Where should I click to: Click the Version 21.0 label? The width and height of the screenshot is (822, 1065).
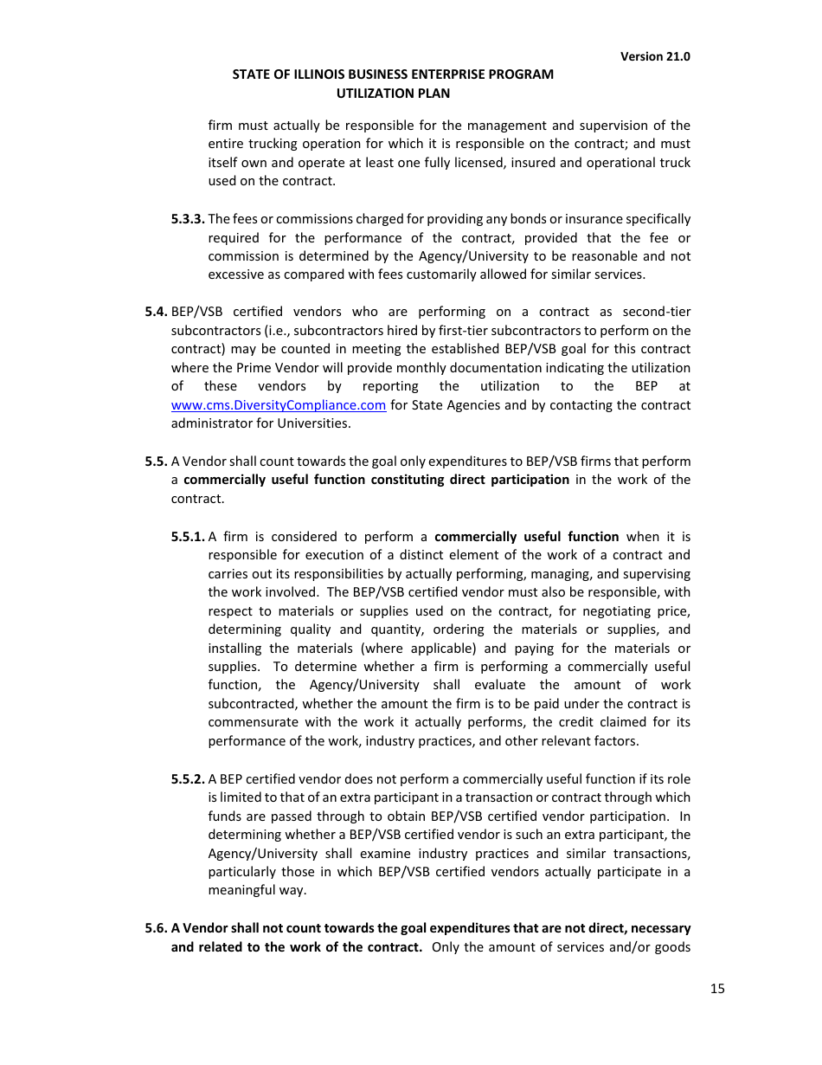(x=655, y=56)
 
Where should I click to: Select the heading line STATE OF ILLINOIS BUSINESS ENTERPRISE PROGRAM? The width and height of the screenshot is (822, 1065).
(x=393, y=74)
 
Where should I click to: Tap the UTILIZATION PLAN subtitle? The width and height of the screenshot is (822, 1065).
(x=393, y=94)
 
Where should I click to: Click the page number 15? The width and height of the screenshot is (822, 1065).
(x=717, y=989)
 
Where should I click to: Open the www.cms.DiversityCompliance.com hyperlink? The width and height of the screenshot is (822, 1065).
(x=279, y=405)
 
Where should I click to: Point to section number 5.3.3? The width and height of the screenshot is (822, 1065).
(x=188, y=219)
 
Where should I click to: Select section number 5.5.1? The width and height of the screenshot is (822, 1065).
(x=188, y=537)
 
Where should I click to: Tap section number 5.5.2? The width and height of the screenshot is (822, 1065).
(x=188, y=779)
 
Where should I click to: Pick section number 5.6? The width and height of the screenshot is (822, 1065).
(x=156, y=928)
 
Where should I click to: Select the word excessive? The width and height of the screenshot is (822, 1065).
(x=237, y=274)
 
